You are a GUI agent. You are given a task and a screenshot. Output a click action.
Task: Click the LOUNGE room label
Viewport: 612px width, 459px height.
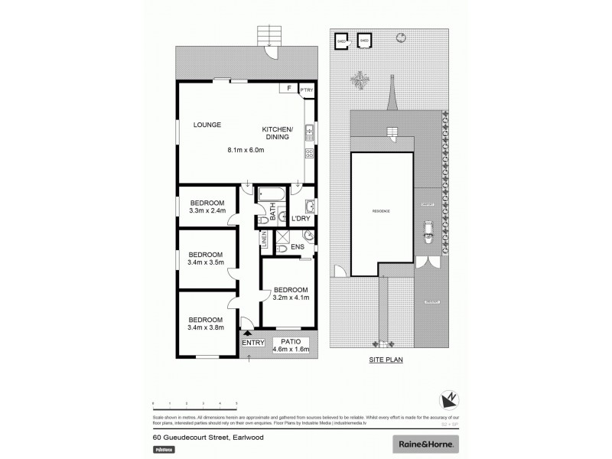pyautogui.click(x=207, y=125)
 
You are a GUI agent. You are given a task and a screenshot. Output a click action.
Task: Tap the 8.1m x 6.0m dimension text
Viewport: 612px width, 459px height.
pyautogui.click(x=246, y=149)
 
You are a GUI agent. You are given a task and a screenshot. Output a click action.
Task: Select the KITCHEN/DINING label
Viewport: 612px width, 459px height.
pyautogui.click(x=275, y=133)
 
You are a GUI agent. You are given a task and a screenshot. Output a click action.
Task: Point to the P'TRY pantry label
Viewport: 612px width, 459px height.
pyautogui.click(x=307, y=90)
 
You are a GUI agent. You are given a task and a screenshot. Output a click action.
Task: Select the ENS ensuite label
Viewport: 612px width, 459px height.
pyautogui.click(x=298, y=246)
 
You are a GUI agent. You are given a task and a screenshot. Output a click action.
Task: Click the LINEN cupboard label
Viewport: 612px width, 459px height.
pyautogui.click(x=264, y=241)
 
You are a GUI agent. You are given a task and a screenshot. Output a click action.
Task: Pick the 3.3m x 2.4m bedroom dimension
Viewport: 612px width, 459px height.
pyautogui.click(x=207, y=210)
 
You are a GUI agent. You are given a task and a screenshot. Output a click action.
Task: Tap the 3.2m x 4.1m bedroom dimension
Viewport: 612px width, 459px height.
pyautogui.click(x=291, y=298)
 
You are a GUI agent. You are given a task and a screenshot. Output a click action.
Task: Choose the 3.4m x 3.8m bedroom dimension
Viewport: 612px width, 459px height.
pyautogui.click(x=205, y=328)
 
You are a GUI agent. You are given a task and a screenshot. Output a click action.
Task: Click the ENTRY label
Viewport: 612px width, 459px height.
pyautogui.click(x=252, y=342)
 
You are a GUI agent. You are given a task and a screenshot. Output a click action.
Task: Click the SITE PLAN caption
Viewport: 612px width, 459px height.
pyautogui.click(x=386, y=358)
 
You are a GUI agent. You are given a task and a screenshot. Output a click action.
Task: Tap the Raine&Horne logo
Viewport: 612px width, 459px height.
pyautogui.click(x=425, y=444)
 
